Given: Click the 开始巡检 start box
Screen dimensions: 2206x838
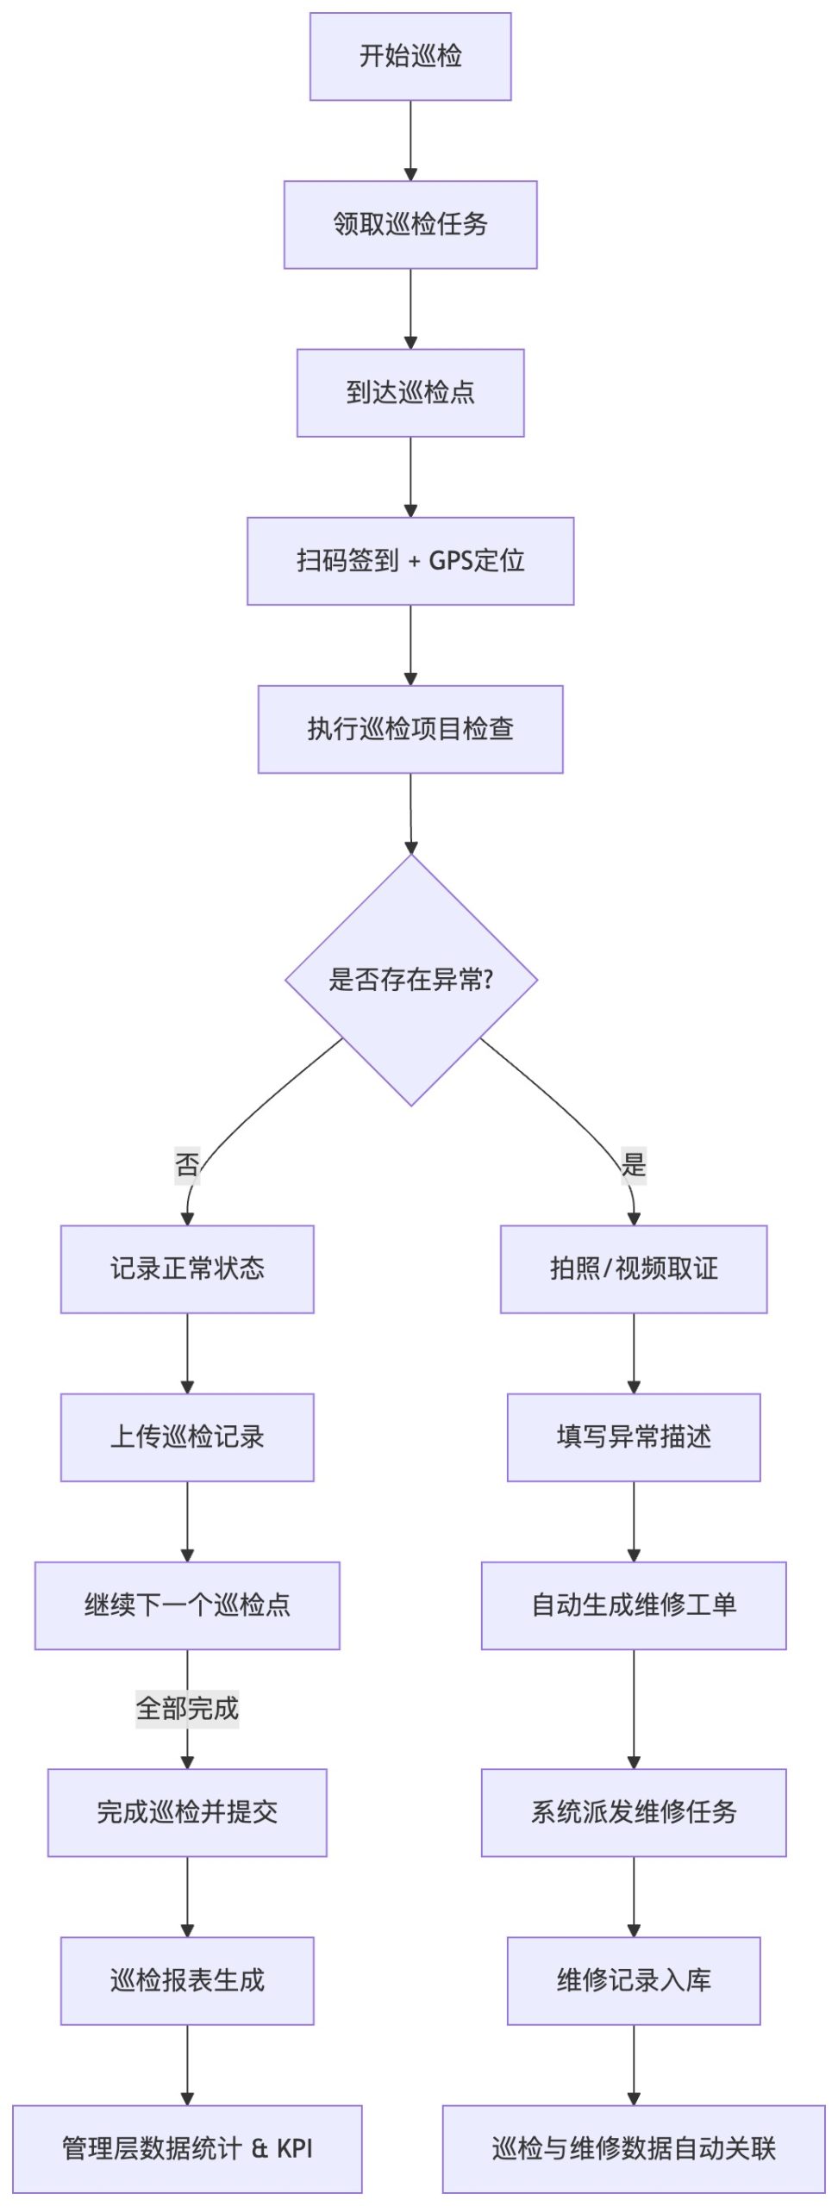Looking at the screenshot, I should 410,57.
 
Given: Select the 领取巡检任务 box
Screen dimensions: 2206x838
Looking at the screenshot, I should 410,225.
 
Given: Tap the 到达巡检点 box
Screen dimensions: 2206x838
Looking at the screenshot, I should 410,393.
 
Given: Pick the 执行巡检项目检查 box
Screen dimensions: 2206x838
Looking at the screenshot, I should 410,729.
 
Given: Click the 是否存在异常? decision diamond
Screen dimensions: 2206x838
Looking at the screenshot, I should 411,980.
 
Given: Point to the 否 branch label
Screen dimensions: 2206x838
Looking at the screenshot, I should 187,1165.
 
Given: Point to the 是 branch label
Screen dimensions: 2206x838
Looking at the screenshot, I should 634,1165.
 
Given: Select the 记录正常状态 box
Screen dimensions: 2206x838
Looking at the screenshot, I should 187,1268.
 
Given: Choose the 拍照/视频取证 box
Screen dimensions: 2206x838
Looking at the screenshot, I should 634,1268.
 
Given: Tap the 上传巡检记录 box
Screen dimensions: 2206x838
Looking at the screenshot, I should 187,1436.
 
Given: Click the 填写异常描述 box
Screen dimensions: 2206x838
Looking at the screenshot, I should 634,1436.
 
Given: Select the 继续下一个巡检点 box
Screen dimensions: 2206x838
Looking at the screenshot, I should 187,1605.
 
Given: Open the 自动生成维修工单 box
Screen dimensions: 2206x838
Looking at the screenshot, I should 634,1605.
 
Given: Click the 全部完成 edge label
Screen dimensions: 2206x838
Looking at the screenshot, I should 187,1708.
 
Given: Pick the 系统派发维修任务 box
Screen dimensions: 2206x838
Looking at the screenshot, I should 634,1811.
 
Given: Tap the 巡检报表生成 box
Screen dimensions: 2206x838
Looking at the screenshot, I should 187,1980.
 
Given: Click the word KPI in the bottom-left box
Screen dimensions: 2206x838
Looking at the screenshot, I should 295,2148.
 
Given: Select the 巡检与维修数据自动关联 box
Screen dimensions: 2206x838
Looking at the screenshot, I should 634,2148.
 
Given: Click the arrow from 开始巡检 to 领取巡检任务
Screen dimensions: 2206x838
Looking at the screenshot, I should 410,140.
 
